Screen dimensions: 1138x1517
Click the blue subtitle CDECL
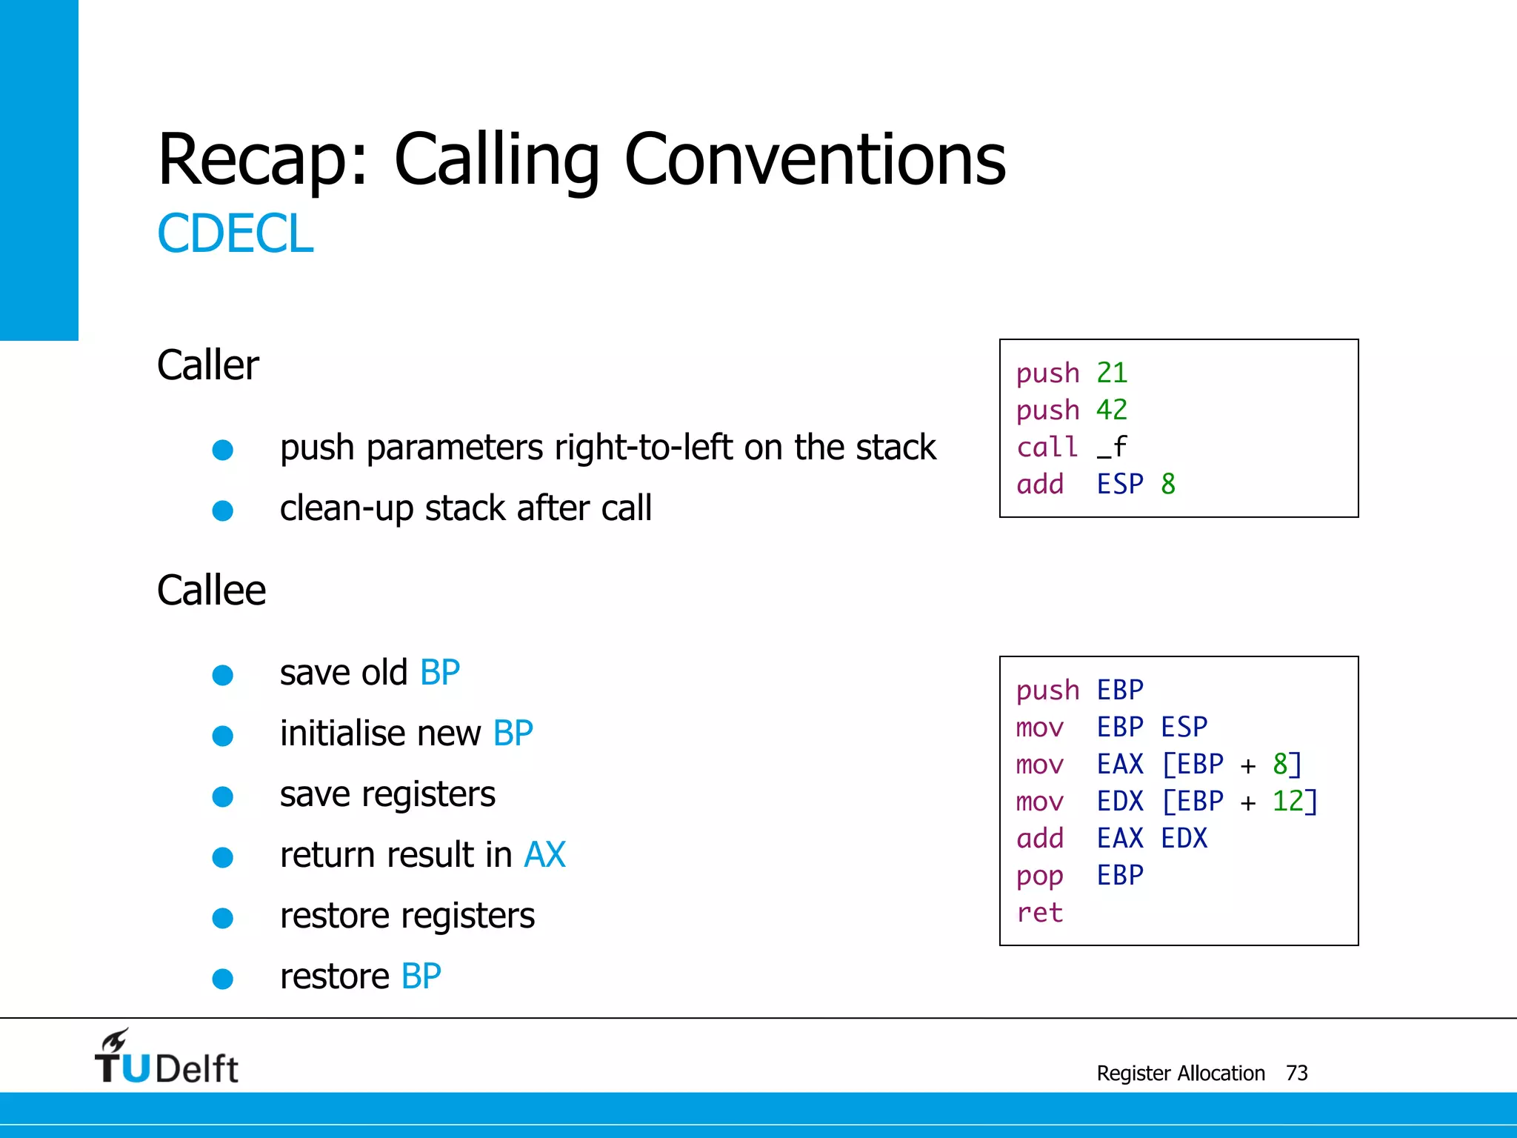coord(235,234)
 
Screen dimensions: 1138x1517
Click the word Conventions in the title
coord(815,159)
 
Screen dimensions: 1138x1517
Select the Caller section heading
coord(208,365)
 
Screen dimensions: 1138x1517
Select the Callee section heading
coord(211,590)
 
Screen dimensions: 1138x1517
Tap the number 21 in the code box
coord(1111,373)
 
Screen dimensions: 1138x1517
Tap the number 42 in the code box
coord(1111,410)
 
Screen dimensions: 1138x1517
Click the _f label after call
coord(1111,447)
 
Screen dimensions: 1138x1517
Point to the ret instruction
coord(1039,913)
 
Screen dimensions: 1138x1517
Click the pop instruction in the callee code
coord(1039,876)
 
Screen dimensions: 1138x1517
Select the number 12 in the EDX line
coord(1287,801)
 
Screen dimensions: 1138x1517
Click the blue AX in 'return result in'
coord(544,855)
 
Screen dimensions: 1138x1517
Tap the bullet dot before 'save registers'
coord(222,796)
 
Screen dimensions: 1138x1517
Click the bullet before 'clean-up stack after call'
coord(222,510)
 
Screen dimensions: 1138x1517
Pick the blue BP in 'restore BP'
coord(421,976)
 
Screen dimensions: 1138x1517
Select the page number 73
coord(1296,1073)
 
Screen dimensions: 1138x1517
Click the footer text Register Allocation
coord(1180,1073)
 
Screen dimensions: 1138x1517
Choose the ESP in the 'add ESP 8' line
coord(1120,485)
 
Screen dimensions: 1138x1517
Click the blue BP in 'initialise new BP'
coord(513,733)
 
